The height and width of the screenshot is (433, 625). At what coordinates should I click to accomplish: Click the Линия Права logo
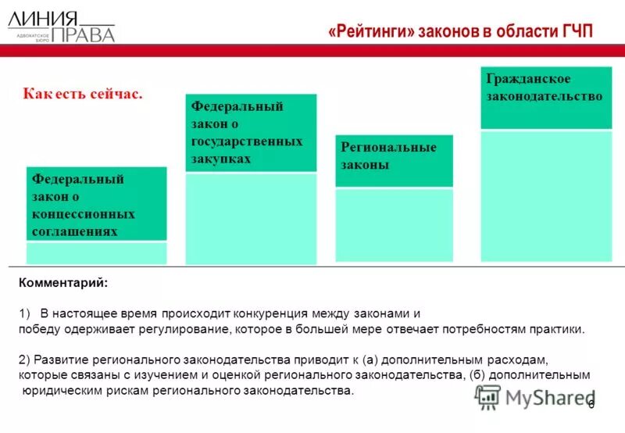coord(61,26)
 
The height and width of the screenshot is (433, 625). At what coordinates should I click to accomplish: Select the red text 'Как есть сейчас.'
coord(83,94)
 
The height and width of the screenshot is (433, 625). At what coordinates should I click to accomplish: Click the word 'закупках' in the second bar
coord(221,159)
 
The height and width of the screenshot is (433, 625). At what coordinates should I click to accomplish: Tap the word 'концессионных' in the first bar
coord(84,214)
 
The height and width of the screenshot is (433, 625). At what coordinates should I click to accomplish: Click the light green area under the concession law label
coord(96,253)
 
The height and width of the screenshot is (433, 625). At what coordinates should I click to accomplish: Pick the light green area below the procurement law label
coord(251,219)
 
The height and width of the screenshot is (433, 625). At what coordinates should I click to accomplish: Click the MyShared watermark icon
coord(487,397)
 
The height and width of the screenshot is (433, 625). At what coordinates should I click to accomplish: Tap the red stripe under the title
coord(312,51)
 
